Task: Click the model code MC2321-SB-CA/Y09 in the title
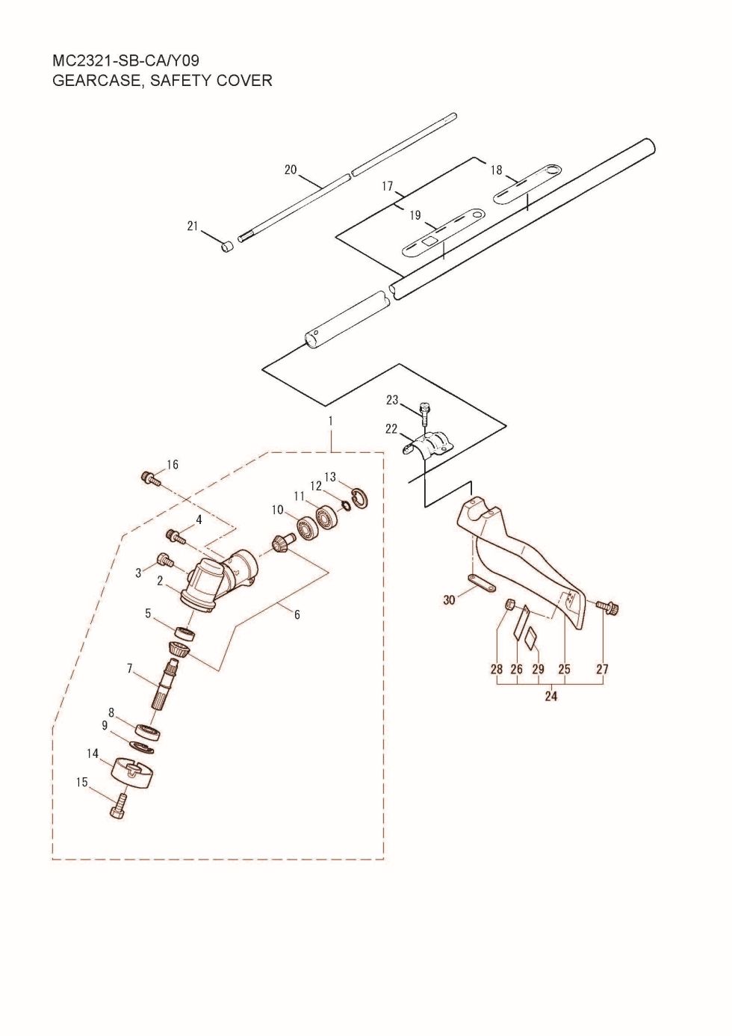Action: click(126, 61)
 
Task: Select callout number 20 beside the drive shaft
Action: click(291, 170)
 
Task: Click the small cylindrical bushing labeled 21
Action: click(227, 247)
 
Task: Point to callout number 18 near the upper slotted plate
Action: click(496, 170)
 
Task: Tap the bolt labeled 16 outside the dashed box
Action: click(151, 478)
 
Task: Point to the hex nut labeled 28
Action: click(509, 604)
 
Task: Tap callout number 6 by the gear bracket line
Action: click(297, 614)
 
